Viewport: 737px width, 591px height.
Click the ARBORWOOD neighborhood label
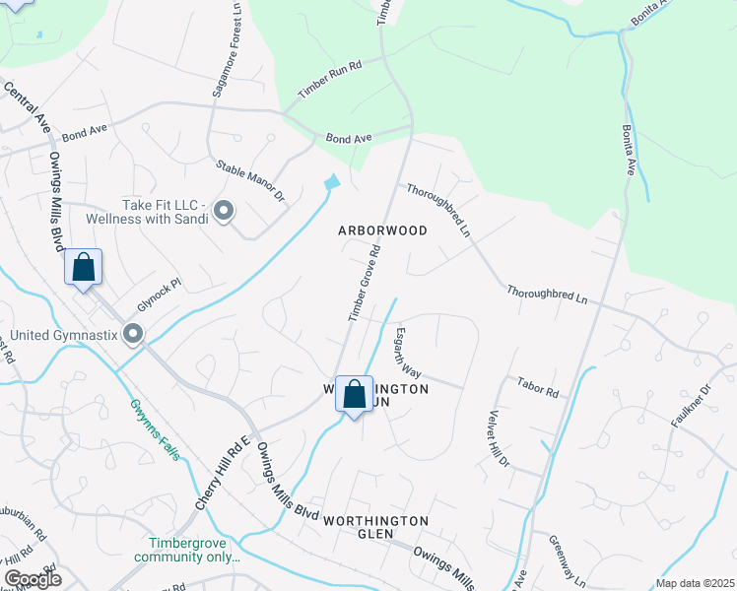click(x=382, y=230)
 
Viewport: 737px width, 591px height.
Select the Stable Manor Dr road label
click(x=249, y=182)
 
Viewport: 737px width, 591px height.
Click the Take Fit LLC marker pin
click(x=224, y=211)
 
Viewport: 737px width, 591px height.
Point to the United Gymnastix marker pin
click(x=133, y=336)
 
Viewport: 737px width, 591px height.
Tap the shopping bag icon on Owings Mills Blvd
click(x=84, y=267)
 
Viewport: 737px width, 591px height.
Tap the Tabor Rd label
click(x=537, y=387)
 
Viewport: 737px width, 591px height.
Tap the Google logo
click(x=33, y=579)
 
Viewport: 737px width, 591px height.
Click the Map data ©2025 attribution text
click(x=695, y=583)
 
